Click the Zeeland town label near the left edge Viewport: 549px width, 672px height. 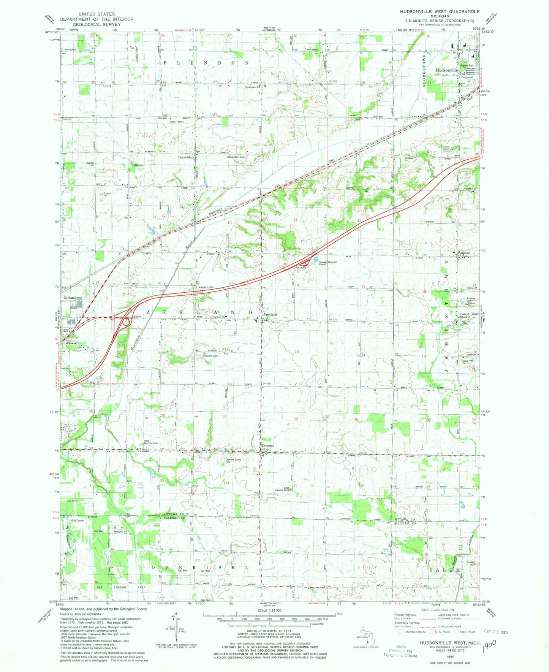click(70, 298)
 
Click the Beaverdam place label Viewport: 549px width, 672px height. click(186, 157)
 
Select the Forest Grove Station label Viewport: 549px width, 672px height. click(469, 315)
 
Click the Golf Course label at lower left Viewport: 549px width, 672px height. click(77, 520)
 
